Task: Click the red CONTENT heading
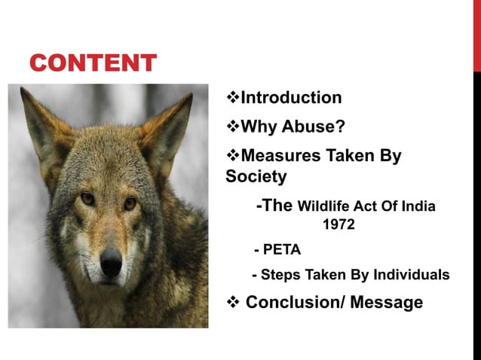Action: coord(93,63)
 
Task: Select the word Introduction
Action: coord(290,98)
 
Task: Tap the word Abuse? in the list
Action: coord(316,127)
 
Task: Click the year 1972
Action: coord(338,224)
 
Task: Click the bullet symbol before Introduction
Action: coord(232,98)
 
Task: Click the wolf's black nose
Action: coord(111,262)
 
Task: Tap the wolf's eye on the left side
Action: coord(87,199)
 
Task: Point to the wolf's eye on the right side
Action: coord(130,203)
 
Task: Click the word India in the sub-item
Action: coord(419,206)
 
